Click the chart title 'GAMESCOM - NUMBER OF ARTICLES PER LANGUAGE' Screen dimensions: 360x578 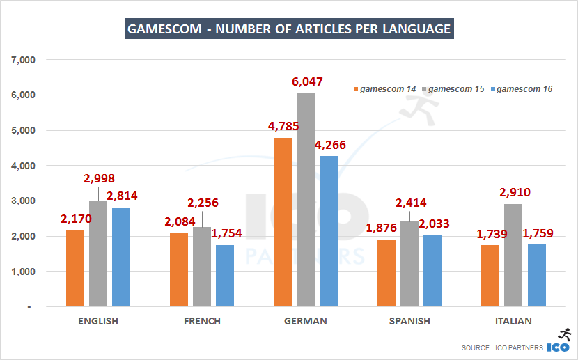pos(289,29)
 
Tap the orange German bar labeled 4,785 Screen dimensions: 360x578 pos(283,222)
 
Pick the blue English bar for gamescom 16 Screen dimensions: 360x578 pos(121,257)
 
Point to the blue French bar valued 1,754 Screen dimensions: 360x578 pos(225,276)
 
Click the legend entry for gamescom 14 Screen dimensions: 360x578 pos(385,89)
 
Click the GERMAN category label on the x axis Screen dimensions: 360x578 pos(306,321)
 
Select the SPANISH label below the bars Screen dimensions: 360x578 pos(409,321)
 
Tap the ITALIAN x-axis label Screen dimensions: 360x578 pos(513,321)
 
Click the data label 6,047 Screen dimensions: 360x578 pos(306,81)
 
